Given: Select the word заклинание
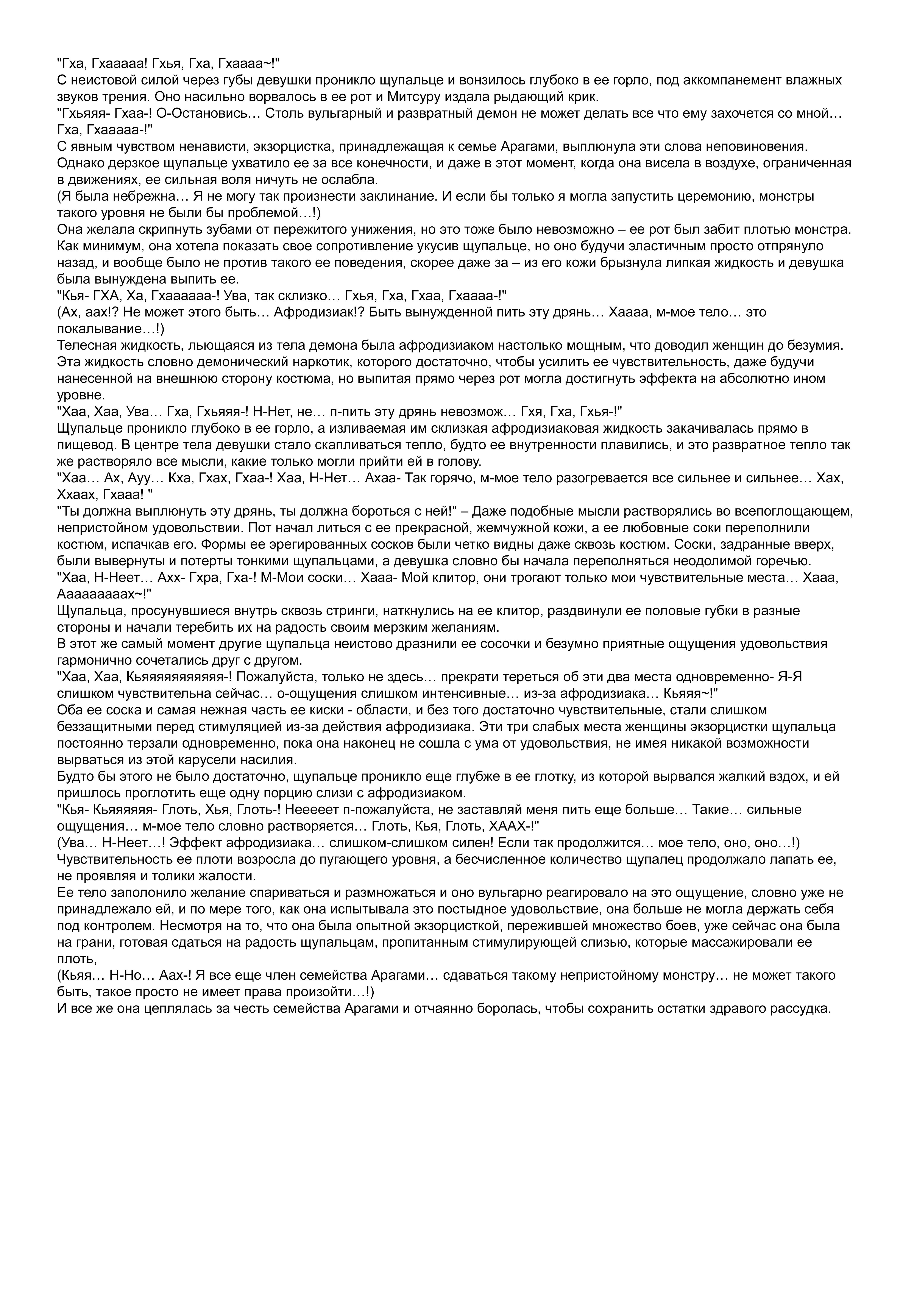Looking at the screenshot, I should tap(405, 196).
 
